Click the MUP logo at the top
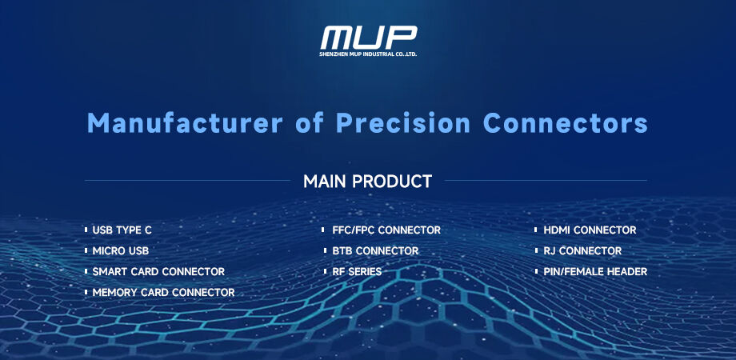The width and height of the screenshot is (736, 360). click(x=368, y=37)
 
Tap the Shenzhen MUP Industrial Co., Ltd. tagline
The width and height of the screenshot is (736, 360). click(x=368, y=54)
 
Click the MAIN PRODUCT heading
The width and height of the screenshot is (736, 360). click(x=367, y=181)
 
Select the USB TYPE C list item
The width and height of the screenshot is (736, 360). click(x=122, y=230)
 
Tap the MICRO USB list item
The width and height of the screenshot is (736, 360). click(x=121, y=251)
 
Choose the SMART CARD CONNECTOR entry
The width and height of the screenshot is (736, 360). click(x=158, y=272)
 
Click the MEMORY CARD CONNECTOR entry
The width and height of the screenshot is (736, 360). click(x=163, y=293)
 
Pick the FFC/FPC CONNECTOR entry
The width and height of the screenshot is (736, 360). click(x=386, y=230)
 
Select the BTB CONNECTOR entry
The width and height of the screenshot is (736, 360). click(x=375, y=251)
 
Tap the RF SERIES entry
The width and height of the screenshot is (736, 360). click(x=357, y=272)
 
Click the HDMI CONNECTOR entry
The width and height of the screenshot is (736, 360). click(x=590, y=230)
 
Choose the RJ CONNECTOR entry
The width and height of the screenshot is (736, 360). click(x=582, y=251)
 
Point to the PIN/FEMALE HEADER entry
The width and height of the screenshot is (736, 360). click(x=595, y=272)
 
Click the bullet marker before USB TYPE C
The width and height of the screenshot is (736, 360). click(x=86, y=230)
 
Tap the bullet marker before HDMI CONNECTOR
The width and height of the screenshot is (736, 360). click(x=536, y=230)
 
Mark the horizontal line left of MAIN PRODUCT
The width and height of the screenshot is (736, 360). click(x=187, y=181)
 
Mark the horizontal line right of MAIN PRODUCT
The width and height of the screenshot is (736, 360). click(x=546, y=181)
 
